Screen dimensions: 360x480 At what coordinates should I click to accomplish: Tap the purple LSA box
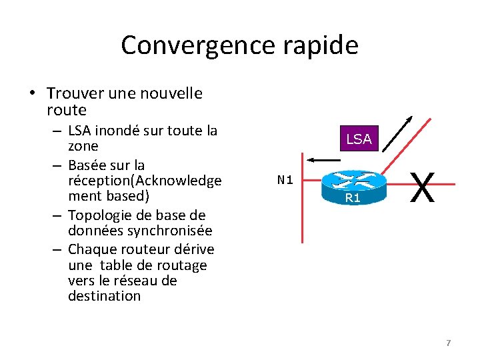pyautogui.click(x=359, y=139)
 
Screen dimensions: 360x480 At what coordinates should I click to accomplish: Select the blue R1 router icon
pyautogui.click(x=353, y=187)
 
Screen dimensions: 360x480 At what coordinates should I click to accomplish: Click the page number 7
pyautogui.click(x=448, y=343)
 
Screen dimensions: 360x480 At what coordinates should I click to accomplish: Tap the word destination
pyautogui.click(x=104, y=296)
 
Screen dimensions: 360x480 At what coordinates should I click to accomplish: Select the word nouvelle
pyautogui.click(x=168, y=93)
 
